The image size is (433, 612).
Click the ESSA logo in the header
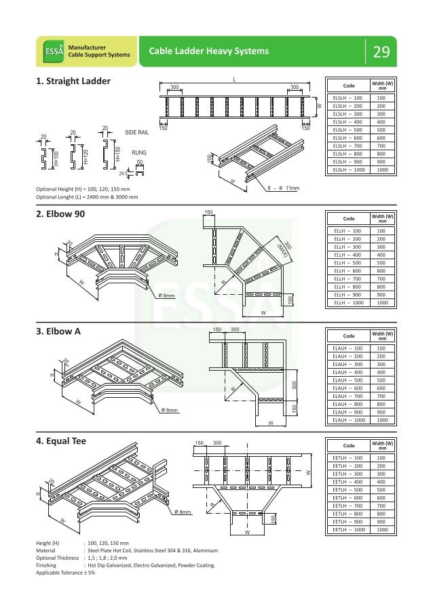click(x=48, y=50)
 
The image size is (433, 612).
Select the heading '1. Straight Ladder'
click(x=73, y=83)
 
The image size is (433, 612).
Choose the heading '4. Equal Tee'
click(x=65, y=443)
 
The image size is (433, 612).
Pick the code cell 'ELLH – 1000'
click(x=347, y=303)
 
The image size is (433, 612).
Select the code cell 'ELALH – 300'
click(x=347, y=364)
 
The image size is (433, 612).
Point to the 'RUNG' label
click(x=139, y=153)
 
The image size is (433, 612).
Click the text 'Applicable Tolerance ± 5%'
click(x=66, y=572)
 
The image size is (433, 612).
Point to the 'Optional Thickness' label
click(x=58, y=558)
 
